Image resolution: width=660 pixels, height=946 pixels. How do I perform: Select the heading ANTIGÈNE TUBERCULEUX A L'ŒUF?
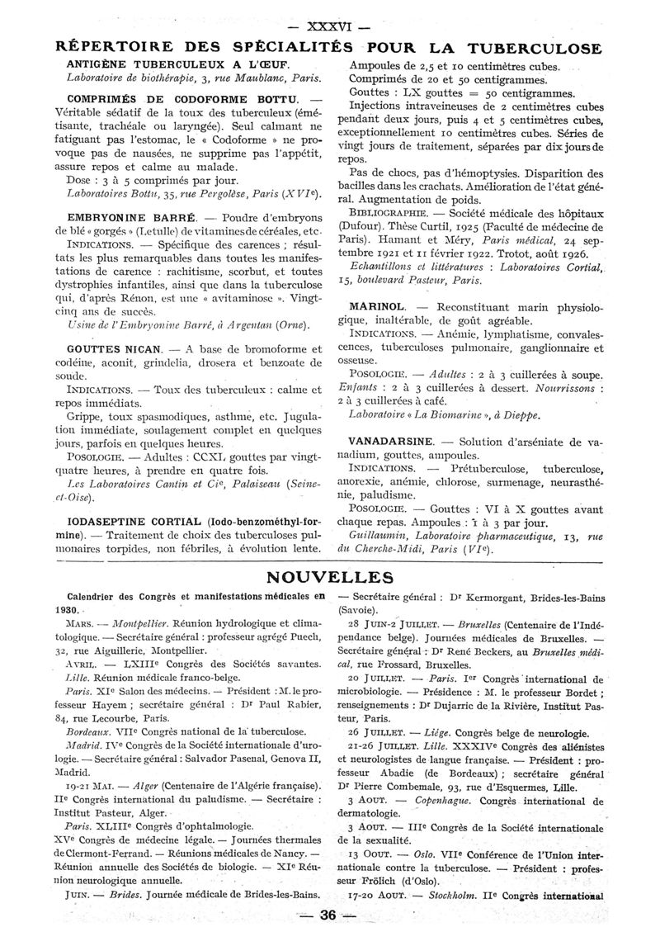point(177,64)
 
